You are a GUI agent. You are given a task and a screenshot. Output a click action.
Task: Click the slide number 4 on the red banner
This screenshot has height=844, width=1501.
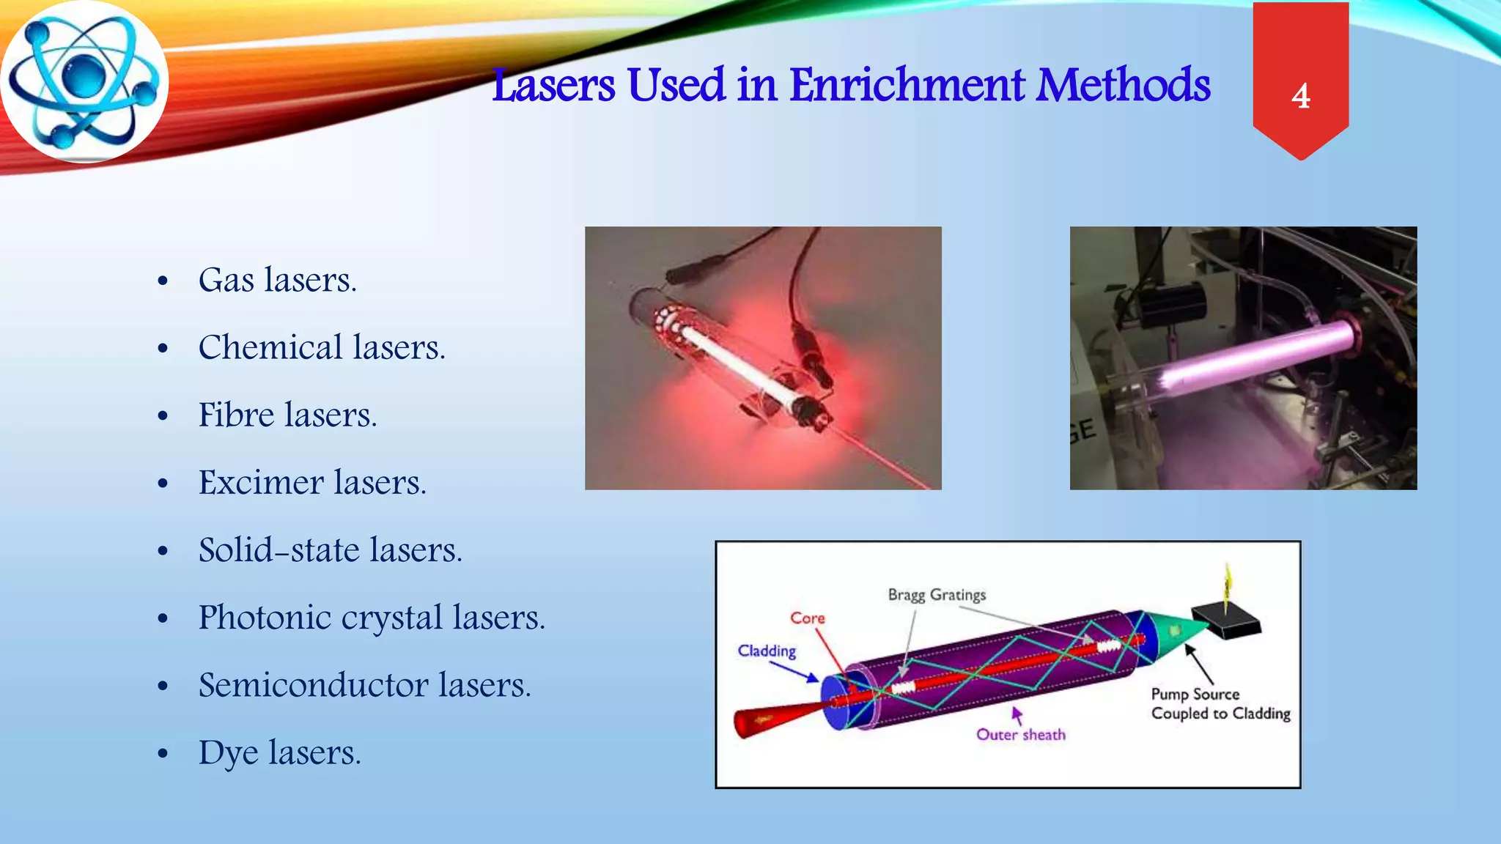pyautogui.click(x=1301, y=96)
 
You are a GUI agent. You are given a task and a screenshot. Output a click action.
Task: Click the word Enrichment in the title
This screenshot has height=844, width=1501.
pyautogui.click(x=907, y=85)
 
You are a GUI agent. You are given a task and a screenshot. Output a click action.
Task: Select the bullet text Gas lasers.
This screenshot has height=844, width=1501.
pyautogui.click(x=277, y=280)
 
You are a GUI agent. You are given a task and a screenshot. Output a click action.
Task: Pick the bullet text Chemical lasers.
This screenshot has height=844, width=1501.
pyautogui.click(x=321, y=347)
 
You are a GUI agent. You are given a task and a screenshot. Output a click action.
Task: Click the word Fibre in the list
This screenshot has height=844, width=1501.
pyautogui.click(x=236, y=415)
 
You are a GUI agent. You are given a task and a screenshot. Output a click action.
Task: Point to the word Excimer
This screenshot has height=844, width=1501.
pyautogui.click(x=261, y=482)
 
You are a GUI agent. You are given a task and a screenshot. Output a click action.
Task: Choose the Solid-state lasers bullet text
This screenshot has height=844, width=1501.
pyautogui.click(x=330, y=549)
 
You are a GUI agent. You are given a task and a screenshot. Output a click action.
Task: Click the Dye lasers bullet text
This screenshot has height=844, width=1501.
pyautogui.click(x=279, y=752)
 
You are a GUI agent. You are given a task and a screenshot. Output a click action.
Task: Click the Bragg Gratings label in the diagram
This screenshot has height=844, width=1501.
pyautogui.click(x=937, y=594)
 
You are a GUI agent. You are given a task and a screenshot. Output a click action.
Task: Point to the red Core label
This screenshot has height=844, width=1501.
pyautogui.click(x=807, y=618)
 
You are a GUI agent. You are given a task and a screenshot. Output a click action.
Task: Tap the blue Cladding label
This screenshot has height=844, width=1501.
pyautogui.click(x=767, y=651)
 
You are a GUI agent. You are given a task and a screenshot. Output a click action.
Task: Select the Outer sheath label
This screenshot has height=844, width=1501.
pyautogui.click(x=1020, y=734)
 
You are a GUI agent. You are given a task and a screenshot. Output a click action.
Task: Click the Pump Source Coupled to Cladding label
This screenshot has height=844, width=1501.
pyautogui.click(x=1220, y=703)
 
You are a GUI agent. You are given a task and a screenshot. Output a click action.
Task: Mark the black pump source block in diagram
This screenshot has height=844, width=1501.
pyautogui.click(x=1225, y=621)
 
